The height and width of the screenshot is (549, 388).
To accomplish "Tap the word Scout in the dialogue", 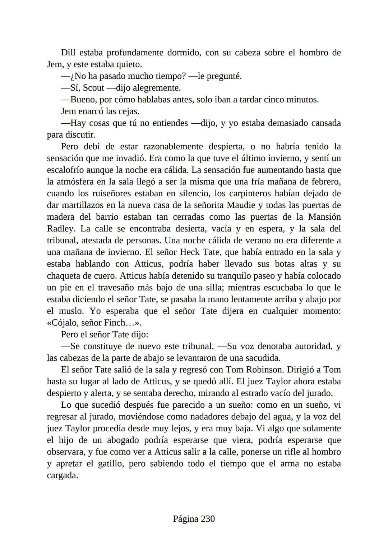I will (93, 88).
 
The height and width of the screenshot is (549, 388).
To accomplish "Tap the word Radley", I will (60, 229).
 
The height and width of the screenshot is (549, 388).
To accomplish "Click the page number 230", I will (208, 519).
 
